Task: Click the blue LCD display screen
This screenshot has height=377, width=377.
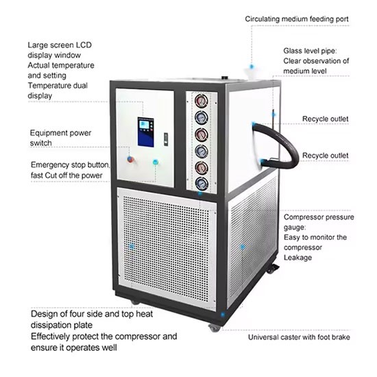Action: (x=146, y=132)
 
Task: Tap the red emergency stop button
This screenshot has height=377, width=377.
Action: (x=130, y=159)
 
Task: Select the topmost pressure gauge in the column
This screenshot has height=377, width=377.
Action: (x=202, y=101)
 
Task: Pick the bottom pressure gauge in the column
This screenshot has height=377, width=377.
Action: (x=202, y=184)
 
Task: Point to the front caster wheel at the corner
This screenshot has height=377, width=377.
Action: (x=215, y=328)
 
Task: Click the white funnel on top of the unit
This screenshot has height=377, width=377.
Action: (x=250, y=73)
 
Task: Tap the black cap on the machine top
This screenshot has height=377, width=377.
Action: (x=224, y=77)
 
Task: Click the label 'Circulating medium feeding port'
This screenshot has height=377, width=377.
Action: (x=297, y=19)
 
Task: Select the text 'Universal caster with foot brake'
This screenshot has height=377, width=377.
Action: (x=299, y=337)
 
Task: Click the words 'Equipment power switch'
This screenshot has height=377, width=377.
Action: (x=60, y=138)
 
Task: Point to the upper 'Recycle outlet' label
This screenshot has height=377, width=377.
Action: (x=325, y=119)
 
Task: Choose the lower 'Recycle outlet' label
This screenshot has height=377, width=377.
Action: (x=325, y=156)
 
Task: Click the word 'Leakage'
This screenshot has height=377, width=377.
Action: (x=297, y=258)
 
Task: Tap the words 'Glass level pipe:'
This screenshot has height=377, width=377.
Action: (x=310, y=51)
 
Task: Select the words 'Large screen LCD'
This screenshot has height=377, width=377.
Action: (x=60, y=45)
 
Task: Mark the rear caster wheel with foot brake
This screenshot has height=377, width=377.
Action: (x=272, y=269)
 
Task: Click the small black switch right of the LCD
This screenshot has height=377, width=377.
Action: (x=166, y=139)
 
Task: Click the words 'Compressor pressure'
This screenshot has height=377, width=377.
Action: (x=319, y=217)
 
